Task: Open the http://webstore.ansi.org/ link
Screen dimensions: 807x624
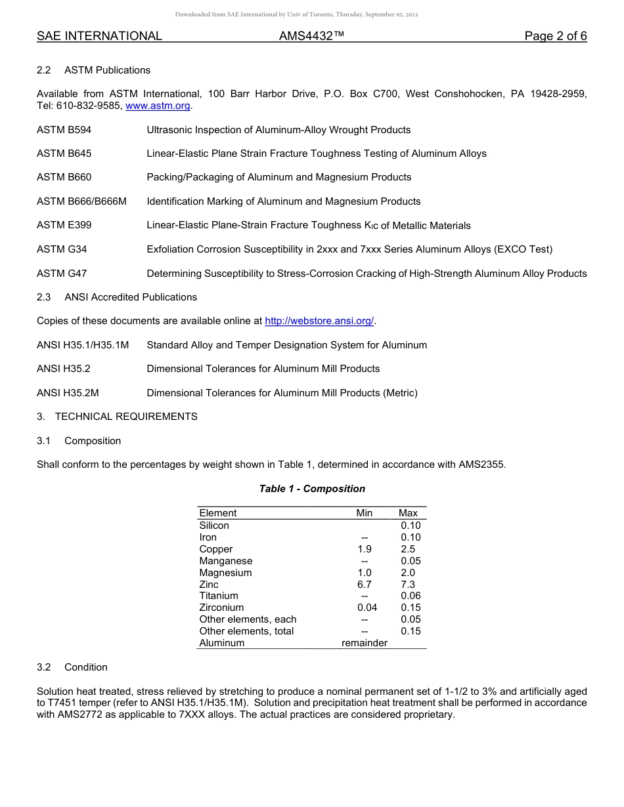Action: click(319, 321)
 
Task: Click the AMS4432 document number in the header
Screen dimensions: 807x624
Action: click(311, 36)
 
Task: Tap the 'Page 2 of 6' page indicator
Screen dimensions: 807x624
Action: click(555, 36)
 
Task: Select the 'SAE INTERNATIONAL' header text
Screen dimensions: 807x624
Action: click(99, 36)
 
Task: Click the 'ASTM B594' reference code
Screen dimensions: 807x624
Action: click(64, 130)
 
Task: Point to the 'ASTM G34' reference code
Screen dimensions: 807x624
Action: click(62, 249)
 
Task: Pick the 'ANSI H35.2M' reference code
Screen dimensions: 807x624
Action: click(68, 393)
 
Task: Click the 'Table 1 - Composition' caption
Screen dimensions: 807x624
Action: click(312, 489)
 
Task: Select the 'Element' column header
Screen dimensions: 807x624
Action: click(217, 513)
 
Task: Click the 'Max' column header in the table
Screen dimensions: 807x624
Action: click(408, 513)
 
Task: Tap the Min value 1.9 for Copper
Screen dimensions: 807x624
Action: click(364, 549)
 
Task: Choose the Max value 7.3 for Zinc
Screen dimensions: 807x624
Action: click(408, 585)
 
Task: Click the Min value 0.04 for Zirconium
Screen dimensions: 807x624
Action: click(367, 608)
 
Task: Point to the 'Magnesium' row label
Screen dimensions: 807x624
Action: click(225, 573)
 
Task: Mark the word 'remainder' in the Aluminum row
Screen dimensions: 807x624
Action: click(365, 643)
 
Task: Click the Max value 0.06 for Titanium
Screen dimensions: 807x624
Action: click(411, 596)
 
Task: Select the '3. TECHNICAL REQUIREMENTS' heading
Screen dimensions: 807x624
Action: click(117, 417)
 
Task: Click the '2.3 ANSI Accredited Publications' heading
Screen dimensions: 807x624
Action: click(117, 297)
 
